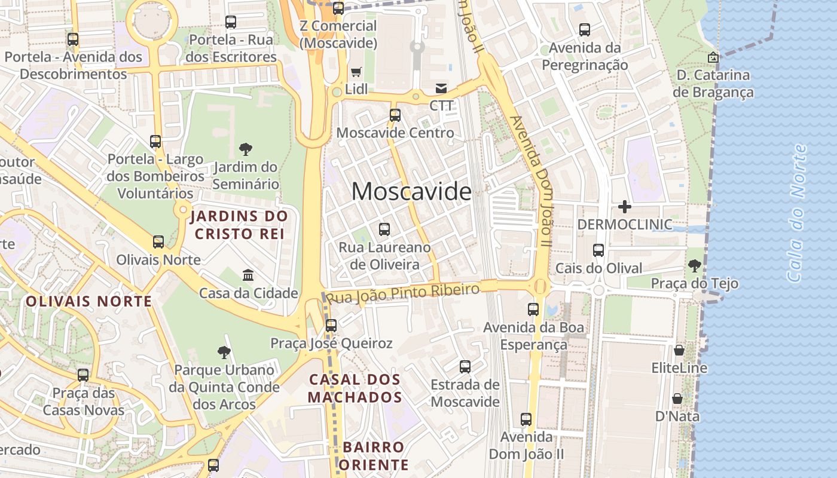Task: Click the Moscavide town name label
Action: (411, 191)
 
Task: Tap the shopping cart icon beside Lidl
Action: (356, 72)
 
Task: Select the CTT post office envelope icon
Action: (441, 88)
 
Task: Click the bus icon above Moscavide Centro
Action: (395, 115)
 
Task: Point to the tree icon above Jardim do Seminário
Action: (245, 149)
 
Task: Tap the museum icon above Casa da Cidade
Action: (248, 275)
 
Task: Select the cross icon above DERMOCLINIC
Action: (625, 207)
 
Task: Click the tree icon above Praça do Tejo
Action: (694, 265)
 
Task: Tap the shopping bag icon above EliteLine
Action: (679, 350)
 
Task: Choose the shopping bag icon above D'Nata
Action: (677, 398)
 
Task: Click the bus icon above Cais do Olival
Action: (598, 250)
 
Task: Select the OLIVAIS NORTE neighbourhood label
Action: (88, 301)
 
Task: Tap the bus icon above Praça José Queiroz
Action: (331, 326)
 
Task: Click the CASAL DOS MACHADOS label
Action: (355, 388)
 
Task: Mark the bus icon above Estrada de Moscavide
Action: (465, 367)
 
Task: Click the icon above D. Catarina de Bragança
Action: (713, 57)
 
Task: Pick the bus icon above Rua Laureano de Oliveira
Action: (384, 229)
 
